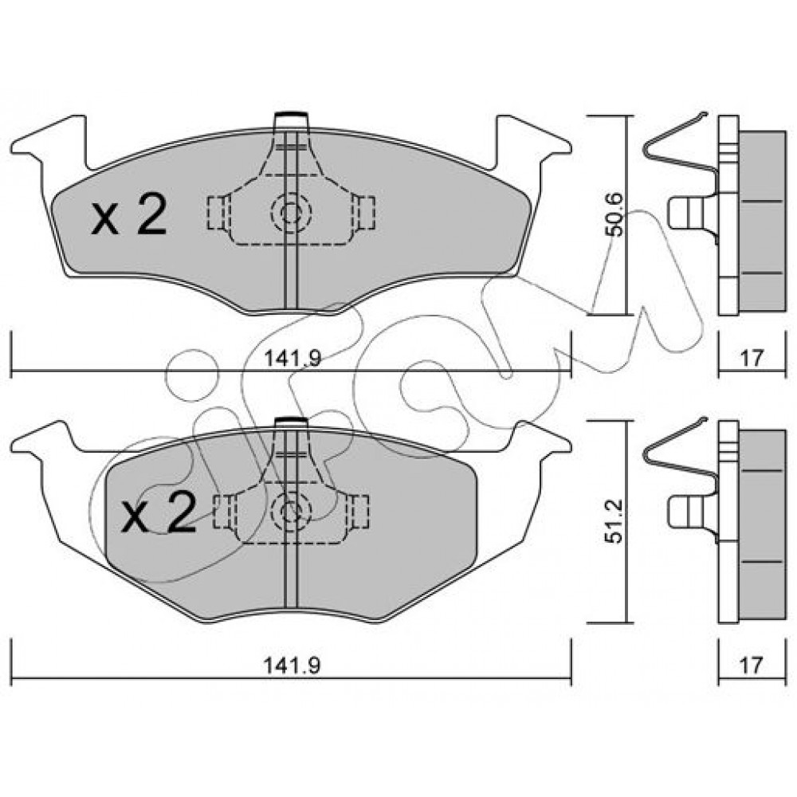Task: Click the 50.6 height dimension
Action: click(615, 214)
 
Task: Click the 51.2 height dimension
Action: click(615, 521)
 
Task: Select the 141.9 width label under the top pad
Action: click(292, 359)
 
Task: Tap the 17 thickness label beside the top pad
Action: click(752, 358)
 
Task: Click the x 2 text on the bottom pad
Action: click(158, 512)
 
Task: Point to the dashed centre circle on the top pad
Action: click(291, 214)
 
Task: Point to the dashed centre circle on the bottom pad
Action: click(291, 511)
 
